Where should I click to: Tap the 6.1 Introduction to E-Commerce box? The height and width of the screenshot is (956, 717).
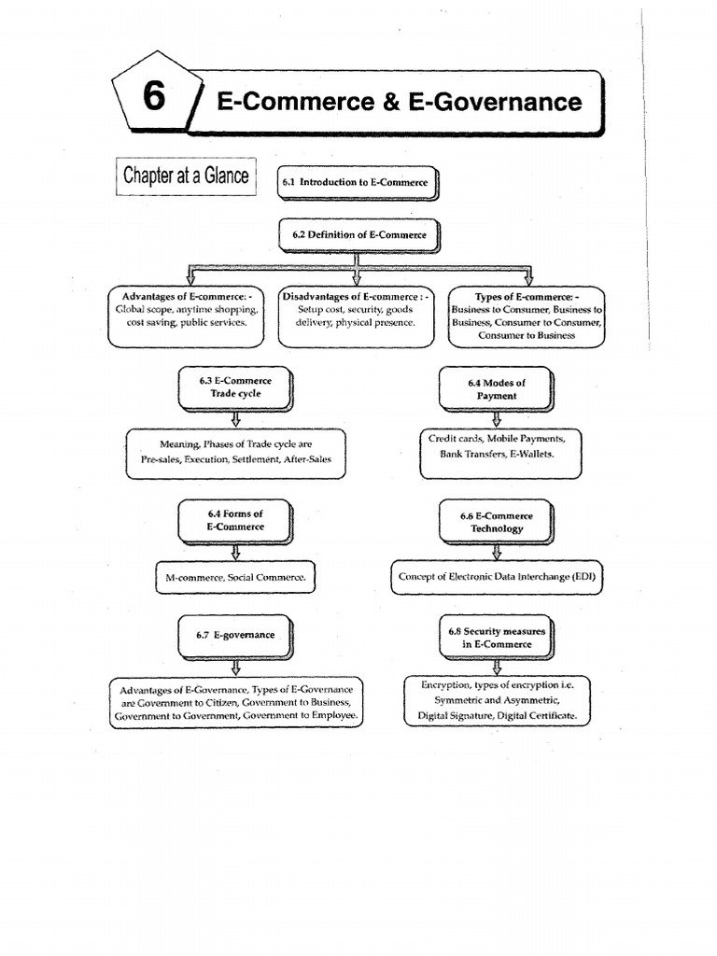click(356, 183)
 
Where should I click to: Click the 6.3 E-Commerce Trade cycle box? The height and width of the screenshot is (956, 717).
click(235, 387)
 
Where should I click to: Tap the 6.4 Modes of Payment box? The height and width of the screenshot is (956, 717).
click(496, 389)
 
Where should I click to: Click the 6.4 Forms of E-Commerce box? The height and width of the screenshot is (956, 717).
click(235, 520)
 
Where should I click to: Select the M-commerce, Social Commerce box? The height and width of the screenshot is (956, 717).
click(235, 579)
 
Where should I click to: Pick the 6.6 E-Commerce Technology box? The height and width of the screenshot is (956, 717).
click(496, 522)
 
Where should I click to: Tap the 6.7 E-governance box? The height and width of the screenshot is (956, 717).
click(235, 635)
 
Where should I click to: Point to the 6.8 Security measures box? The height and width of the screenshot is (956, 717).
click(496, 638)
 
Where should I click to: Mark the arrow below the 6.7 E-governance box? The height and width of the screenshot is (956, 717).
click(235, 667)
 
